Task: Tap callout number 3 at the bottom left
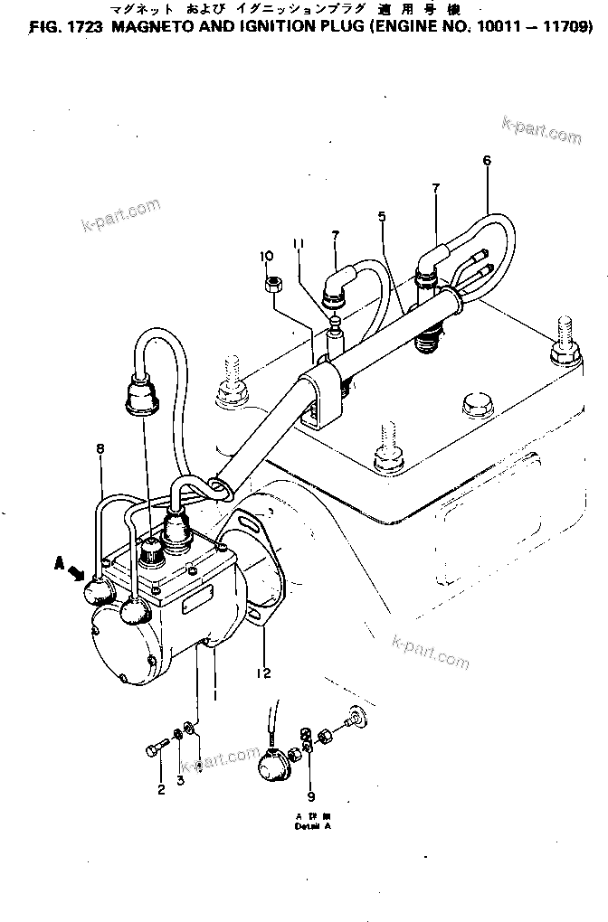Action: coord(180,778)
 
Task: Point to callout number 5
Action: coord(382,217)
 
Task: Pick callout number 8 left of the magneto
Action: coord(100,448)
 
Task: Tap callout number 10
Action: coord(267,256)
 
